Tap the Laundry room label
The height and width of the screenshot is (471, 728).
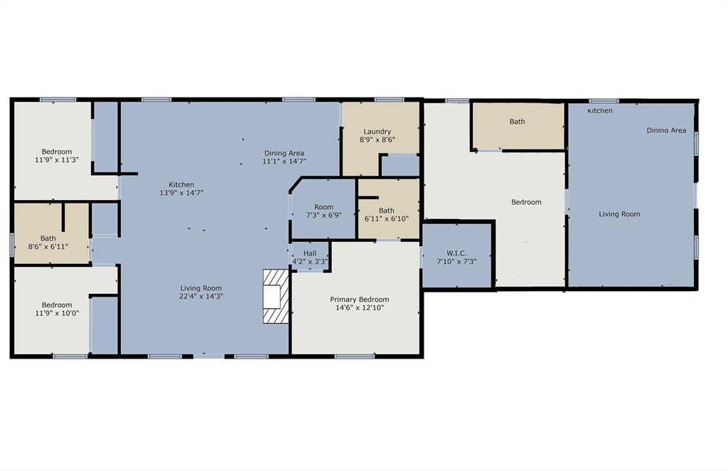point(378,132)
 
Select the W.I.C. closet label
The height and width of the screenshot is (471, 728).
point(456,253)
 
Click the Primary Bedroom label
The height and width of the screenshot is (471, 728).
point(359,300)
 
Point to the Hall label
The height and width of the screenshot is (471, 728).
point(310,253)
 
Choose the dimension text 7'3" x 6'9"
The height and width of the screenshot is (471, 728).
point(323,216)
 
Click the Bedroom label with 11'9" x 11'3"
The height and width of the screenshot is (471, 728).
point(56,152)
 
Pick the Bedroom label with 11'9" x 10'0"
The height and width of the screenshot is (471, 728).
point(56,305)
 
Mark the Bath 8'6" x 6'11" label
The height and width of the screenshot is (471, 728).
point(48,238)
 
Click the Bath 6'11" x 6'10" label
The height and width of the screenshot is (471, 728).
point(386,211)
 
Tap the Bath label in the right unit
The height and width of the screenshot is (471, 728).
point(517,122)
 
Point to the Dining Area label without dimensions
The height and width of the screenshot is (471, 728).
point(666,130)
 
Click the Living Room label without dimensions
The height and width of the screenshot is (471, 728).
point(619,214)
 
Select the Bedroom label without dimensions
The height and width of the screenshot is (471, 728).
point(526,202)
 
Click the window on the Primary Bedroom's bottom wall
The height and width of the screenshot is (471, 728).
point(354,356)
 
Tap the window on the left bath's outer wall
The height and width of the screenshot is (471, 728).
point(11,244)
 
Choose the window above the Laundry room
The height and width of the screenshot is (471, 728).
point(389,100)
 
